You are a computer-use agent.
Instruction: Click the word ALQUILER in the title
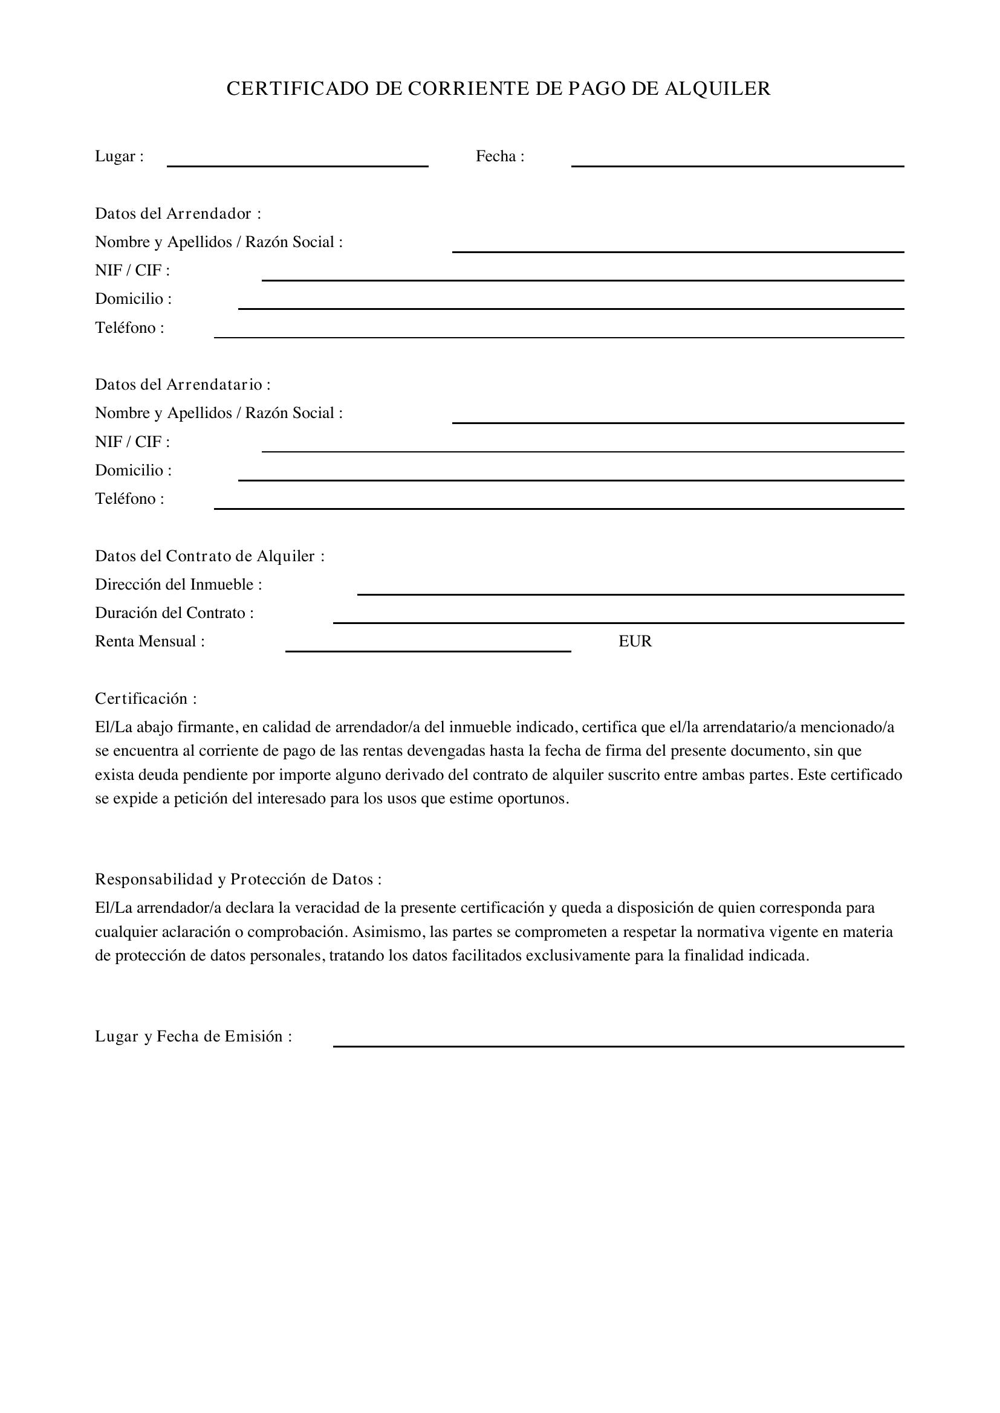pos(718,89)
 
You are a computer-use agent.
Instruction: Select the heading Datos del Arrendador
pos(178,213)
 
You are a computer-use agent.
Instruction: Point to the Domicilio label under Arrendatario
pos(133,470)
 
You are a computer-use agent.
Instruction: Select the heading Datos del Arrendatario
pos(182,385)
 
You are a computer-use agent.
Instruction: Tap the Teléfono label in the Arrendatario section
pos(129,498)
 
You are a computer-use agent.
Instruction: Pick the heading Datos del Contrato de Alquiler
pos(209,556)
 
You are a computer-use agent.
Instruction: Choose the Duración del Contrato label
pos(174,613)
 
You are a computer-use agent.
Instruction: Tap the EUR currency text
pos(635,642)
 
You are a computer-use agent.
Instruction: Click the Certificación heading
pos(145,698)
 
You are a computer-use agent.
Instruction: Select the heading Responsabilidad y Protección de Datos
pos(238,880)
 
